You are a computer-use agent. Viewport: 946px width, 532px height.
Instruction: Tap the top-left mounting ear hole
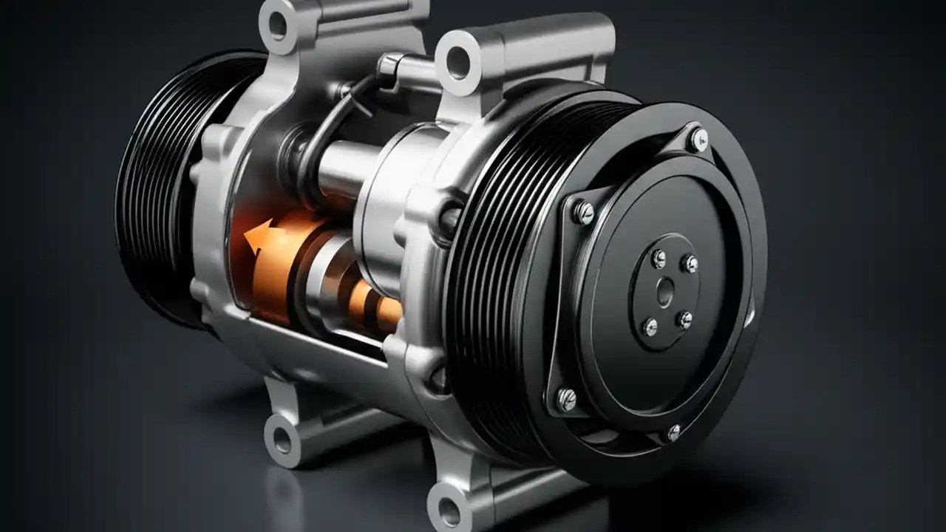click(277, 24)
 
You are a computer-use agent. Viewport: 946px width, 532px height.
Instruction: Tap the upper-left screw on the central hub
click(658, 258)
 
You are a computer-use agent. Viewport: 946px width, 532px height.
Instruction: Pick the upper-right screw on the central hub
click(690, 263)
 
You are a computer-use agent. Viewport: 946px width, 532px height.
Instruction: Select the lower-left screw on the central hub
click(650, 325)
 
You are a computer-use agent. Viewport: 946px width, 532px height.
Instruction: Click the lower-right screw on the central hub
click(685, 320)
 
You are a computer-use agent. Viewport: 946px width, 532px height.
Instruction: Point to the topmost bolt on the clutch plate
click(698, 137)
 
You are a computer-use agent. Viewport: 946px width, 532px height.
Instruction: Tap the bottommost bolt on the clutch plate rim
click(673, 432)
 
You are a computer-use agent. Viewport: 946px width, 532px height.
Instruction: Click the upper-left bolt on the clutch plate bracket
click(583, 212)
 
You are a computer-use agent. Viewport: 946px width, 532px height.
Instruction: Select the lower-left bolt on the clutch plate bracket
click(567, 400)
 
